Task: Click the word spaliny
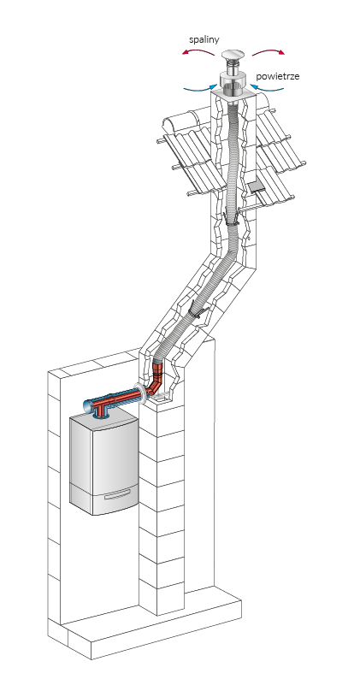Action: coord(204,40)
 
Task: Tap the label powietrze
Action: coord(277,76)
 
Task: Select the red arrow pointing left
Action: coord(198,51)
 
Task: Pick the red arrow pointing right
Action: coord(269,51)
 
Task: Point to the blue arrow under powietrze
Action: coord(268,88)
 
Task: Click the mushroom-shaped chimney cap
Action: coord(233,56)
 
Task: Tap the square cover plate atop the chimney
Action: coord(232,94)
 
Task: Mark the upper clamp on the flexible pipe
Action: coord(231,218)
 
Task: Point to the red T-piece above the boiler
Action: coord(102,408)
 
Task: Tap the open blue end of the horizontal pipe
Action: coord(87,407)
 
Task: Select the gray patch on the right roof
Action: coord(257,187)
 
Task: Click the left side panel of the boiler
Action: coord(81,464)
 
